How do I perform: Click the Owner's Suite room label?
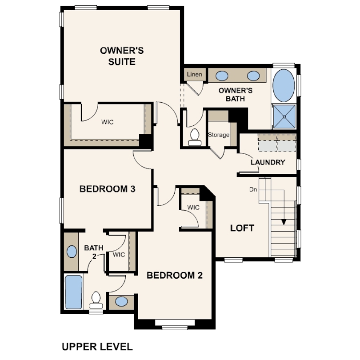tap(122, 56)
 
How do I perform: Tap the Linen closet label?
tap(195, 74)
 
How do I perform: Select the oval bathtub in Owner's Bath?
tap(284, 85)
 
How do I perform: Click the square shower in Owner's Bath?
tap(284, 116)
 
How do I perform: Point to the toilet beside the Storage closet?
tap(195, 137)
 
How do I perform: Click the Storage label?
tap(219, 135)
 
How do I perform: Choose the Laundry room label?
tap(268, 162)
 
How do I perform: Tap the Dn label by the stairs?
tap(253, 189)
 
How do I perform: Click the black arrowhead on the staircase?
tap(284, 222)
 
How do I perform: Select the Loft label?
tap(242, 228)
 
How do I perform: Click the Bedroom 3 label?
tap(107, 189)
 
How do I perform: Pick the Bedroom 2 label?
tap(175, 275)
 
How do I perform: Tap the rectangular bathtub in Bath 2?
tap(73, 292)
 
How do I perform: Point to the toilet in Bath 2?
tap(96, 300)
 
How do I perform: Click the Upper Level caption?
tap(97, 347)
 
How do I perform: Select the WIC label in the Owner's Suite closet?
tap(108, 122)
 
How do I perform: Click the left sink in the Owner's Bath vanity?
tap(222, 76)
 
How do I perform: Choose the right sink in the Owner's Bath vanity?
tap(253, 76)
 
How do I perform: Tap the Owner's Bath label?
tap(235, 94)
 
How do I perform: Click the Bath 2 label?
tap(94, 252)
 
